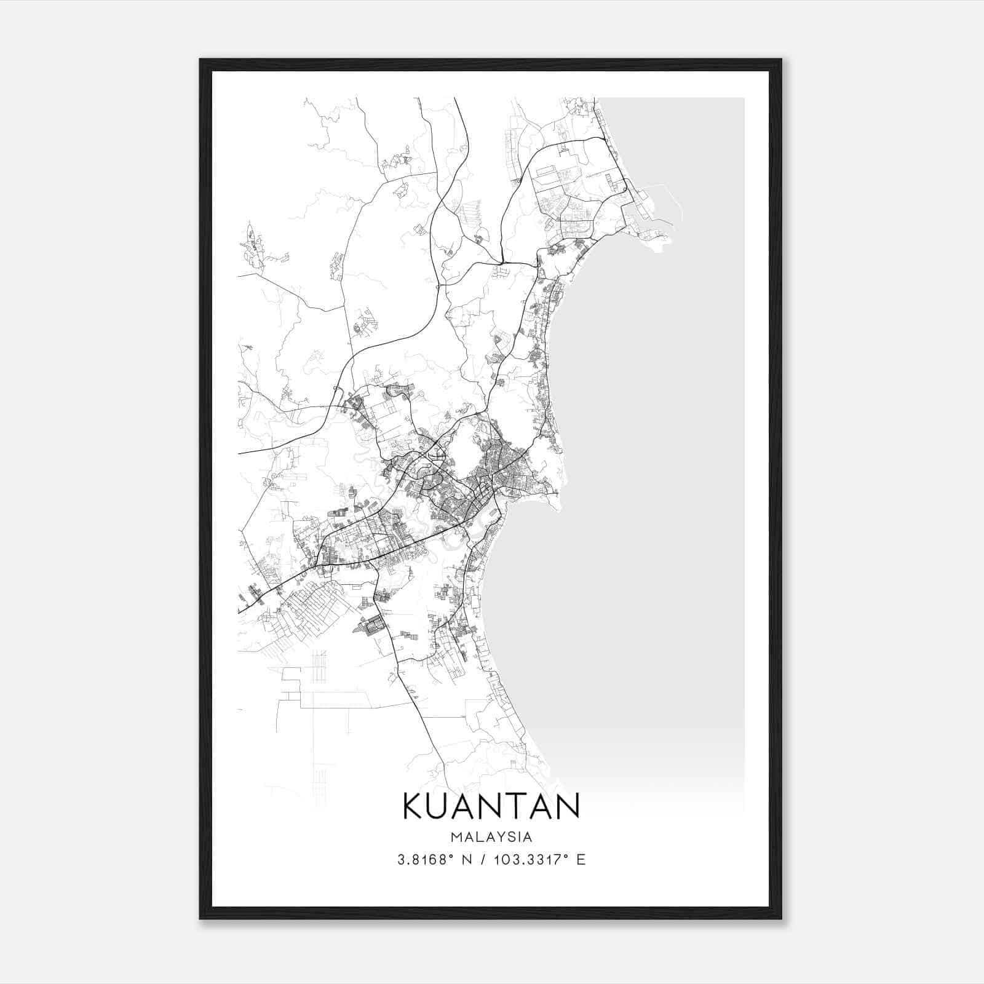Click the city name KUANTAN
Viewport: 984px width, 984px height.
click(491, 806)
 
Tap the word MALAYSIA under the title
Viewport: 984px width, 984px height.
click(491, 837)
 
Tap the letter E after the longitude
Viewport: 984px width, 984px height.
click(581, 860)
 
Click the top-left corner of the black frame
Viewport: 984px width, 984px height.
click(201, 60)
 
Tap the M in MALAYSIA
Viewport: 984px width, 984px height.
click(457, 837)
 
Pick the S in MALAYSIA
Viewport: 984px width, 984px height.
click(515, 837)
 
